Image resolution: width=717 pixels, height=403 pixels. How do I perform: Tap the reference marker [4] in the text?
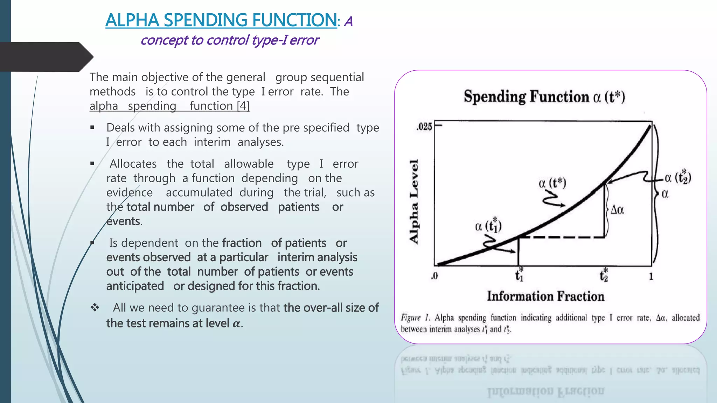243,106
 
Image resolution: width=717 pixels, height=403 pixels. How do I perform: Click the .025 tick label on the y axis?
424,127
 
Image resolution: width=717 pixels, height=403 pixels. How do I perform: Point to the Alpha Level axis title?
414,201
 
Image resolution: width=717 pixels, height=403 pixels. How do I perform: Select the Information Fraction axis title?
545,296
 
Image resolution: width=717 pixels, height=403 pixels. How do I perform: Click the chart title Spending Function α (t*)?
544,97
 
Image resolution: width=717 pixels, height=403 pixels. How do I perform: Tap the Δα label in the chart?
617,210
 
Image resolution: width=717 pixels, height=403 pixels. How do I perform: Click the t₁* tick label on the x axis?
519,275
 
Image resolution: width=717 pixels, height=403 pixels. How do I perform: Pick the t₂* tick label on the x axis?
604,275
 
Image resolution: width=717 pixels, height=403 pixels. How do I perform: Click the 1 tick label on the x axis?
651,276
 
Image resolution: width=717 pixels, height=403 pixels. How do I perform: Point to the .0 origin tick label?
434,276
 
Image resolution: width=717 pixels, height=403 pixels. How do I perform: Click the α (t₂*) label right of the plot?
678,177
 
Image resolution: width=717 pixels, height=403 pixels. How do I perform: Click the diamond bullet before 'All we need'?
95,307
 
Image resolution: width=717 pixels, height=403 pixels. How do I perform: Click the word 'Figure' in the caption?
411,318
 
